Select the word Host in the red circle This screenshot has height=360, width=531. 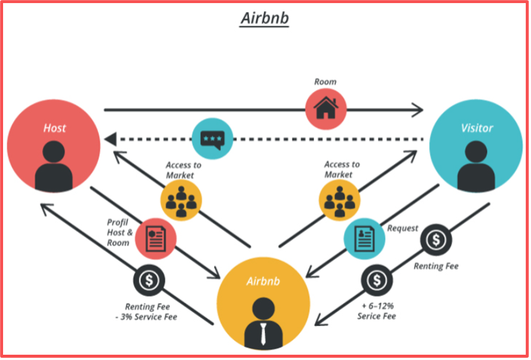[x=54, y=128]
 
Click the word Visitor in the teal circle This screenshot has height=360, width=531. [x=476, y=128]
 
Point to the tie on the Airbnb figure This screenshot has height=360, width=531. [x=263, y=332]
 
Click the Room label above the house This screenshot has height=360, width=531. [x=325, y=81]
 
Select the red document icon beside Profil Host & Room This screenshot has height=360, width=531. [x=157, y=238]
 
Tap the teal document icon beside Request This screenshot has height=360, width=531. [x=364, y=238]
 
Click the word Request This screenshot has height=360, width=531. [x=402, y=228]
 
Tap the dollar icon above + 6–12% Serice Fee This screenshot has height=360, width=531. [x=376, y=281]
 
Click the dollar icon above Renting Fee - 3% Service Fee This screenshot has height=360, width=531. [x=149, y=281]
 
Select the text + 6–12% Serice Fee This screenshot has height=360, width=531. [x=376, y=311]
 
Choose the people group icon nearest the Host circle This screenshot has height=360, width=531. [x=181, y=201]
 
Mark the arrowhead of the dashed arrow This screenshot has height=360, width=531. [x=110, y=139]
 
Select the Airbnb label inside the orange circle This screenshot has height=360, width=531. [x=263, y=281]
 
